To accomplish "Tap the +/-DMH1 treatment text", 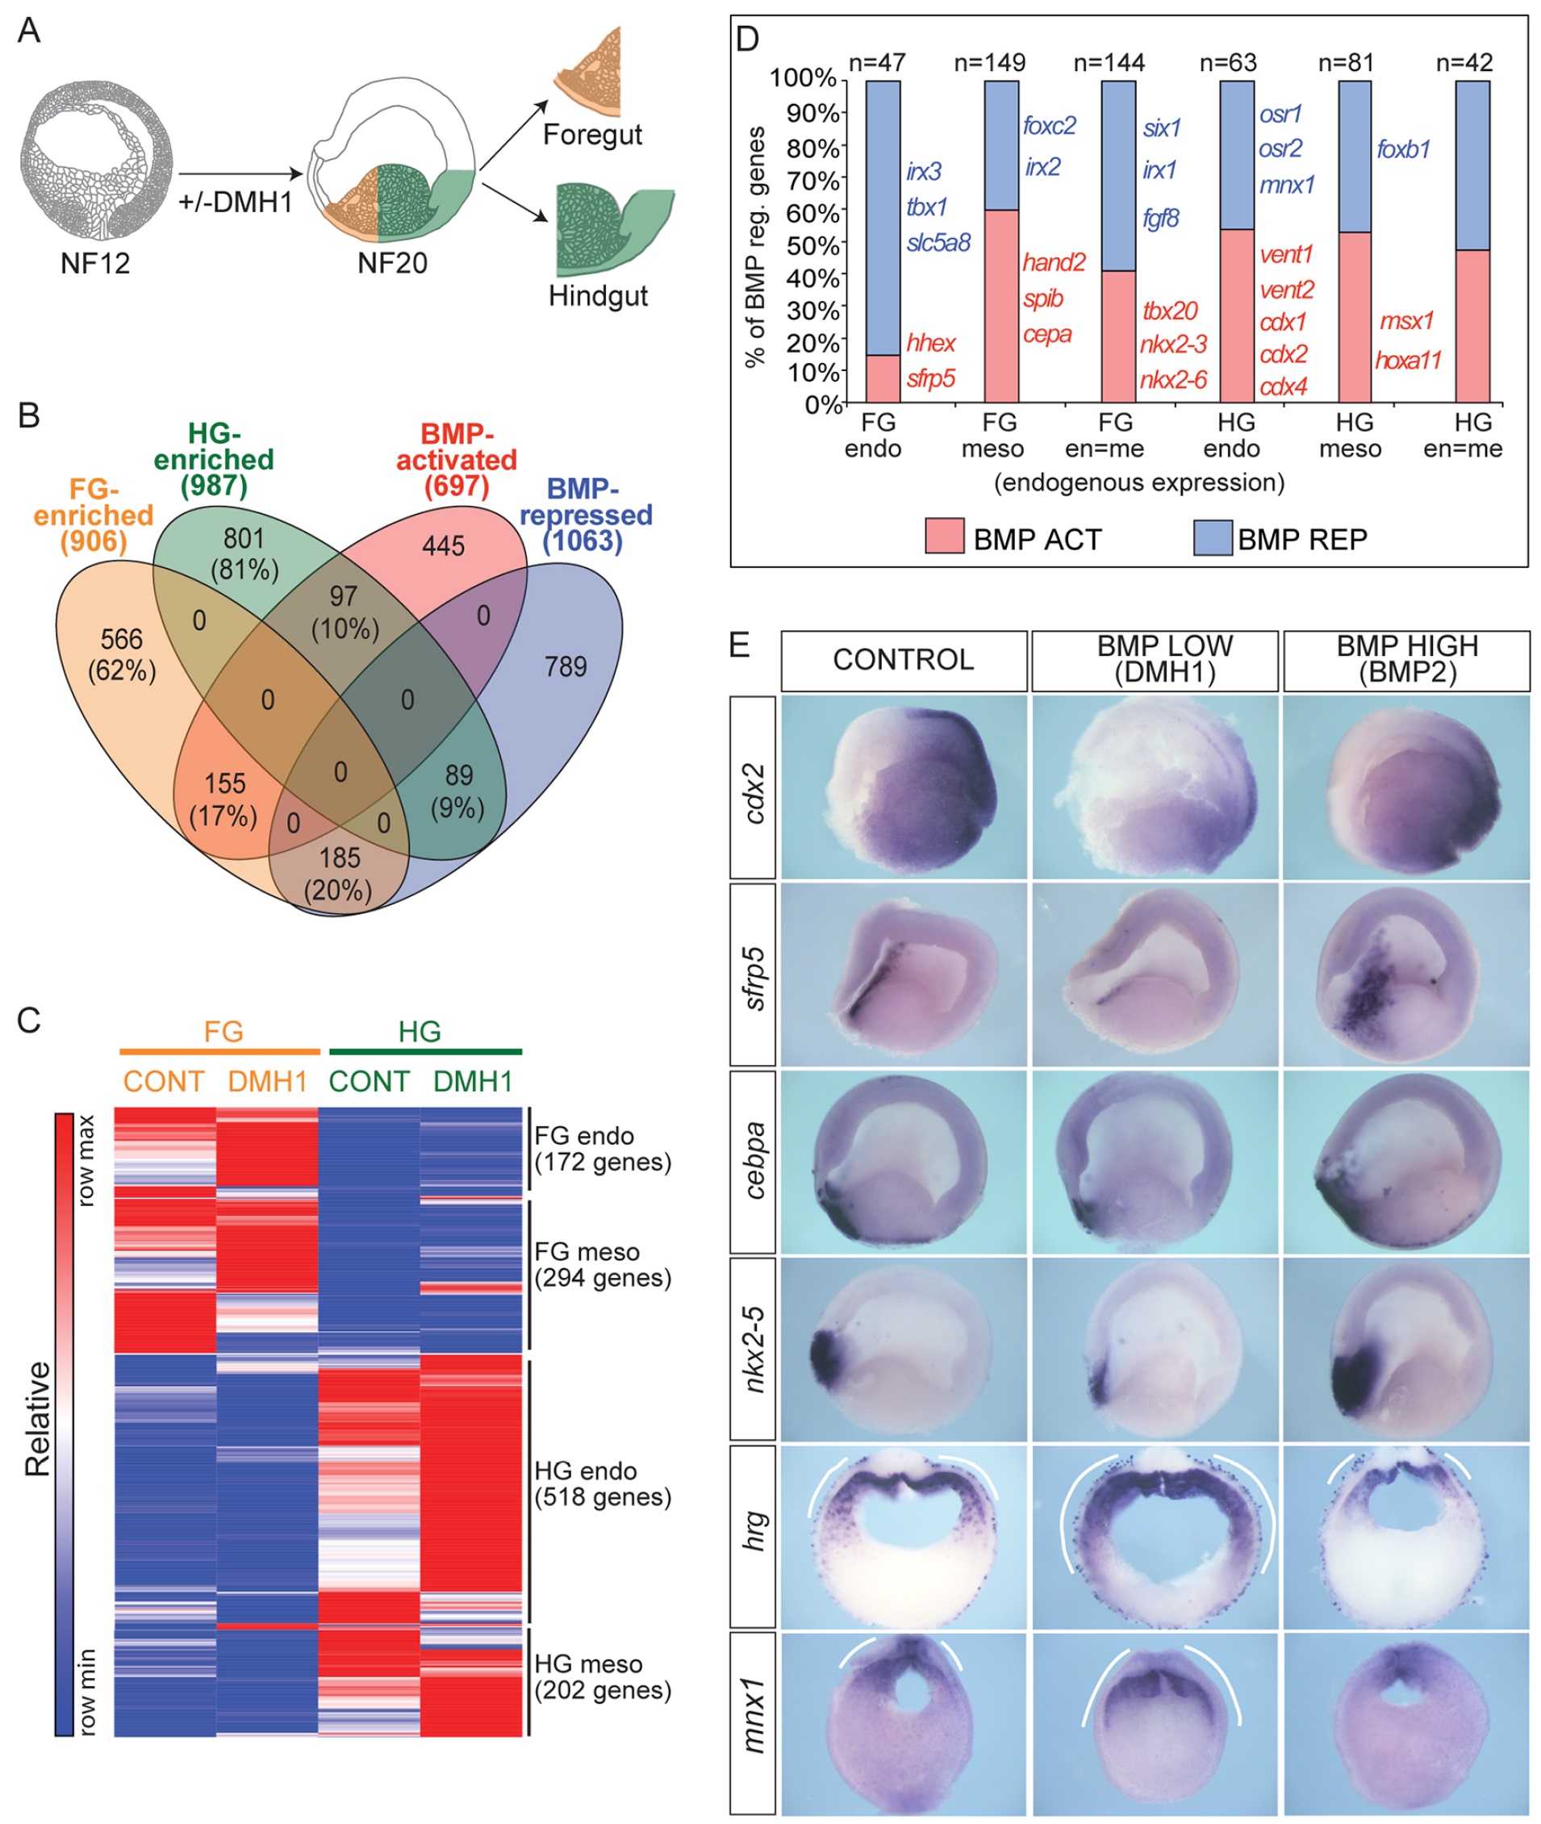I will [x=235, y=202].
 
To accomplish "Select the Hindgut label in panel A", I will [x=598, y=296].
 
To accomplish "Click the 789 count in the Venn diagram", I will [x=566, y=666].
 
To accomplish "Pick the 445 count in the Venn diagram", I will [x=443, y=546].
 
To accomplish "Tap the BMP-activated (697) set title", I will [x=456, y=460].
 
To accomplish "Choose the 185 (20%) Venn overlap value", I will [x=339, y=874].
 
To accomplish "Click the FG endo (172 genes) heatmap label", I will [x=603, y=1149].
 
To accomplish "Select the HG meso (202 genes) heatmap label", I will [x=603, y=1677].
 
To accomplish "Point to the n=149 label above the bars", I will [x=990, y=63].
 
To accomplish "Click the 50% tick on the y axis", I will [x=812, y=244].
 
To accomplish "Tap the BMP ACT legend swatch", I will [x=944, y=536].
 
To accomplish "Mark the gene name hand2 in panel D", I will [x=1054, y=262].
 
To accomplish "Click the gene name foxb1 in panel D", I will [x=1403, y=149].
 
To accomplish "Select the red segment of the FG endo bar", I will [x=883, y=378].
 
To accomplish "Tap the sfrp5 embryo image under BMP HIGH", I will [x=1405, y=974].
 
